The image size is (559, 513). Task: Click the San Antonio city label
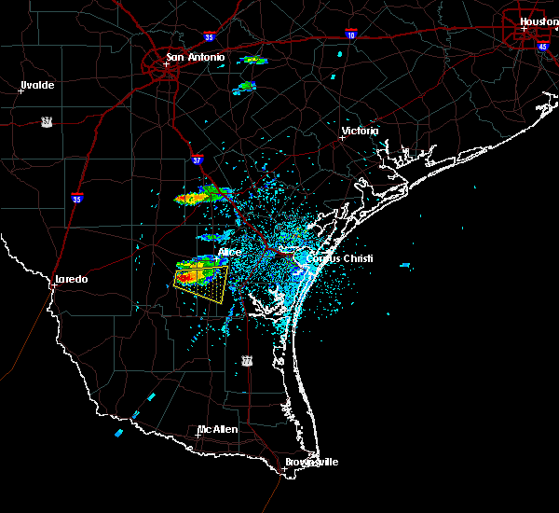[x=196, y=58]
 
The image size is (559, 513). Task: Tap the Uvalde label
[x=37, y=85]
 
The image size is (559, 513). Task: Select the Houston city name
[x=539, y=21]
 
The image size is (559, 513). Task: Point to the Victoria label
[x=361, y=131]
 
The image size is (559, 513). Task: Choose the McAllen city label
[x=217, y=429]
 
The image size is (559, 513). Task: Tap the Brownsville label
[x=313, y=463]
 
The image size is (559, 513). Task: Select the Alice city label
[x=229, y=252]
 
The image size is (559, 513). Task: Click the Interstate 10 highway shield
[x=351, y=34]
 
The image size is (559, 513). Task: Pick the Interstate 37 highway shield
[x=197, y=159]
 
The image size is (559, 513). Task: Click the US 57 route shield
[x=46, y=121]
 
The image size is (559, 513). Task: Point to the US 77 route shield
[x=247, y=360]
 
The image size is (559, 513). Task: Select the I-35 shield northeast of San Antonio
[x=209, y=36]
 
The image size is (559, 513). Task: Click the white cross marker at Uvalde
[x=20, y=90]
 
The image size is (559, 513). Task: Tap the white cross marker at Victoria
[x=343, y=139]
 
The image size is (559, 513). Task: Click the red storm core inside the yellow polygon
[x=185, y=277]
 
